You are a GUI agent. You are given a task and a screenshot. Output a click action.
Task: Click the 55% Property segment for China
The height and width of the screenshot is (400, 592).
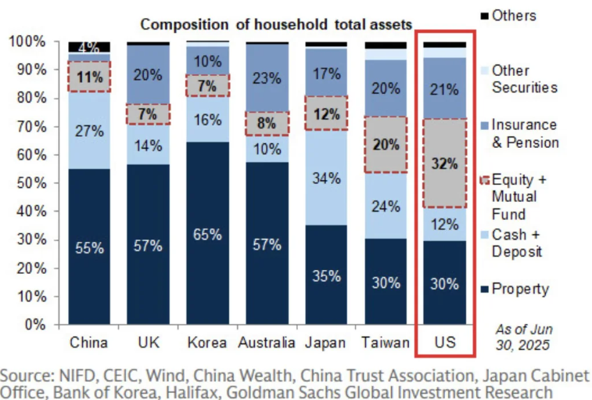(89, 247)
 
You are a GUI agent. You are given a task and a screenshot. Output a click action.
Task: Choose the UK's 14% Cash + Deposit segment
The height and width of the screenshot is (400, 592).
(148, 145)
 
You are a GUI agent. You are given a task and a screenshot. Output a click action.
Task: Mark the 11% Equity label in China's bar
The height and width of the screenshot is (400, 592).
(89, 77)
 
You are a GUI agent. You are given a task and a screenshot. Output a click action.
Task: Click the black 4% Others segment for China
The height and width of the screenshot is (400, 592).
(89, 47)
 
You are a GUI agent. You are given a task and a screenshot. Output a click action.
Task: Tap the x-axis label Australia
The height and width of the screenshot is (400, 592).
(266, 343)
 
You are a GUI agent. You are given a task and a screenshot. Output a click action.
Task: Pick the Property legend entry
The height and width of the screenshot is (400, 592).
(520, 289)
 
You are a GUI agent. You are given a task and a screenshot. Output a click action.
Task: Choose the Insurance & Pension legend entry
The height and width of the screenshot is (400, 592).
(525, 133)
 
